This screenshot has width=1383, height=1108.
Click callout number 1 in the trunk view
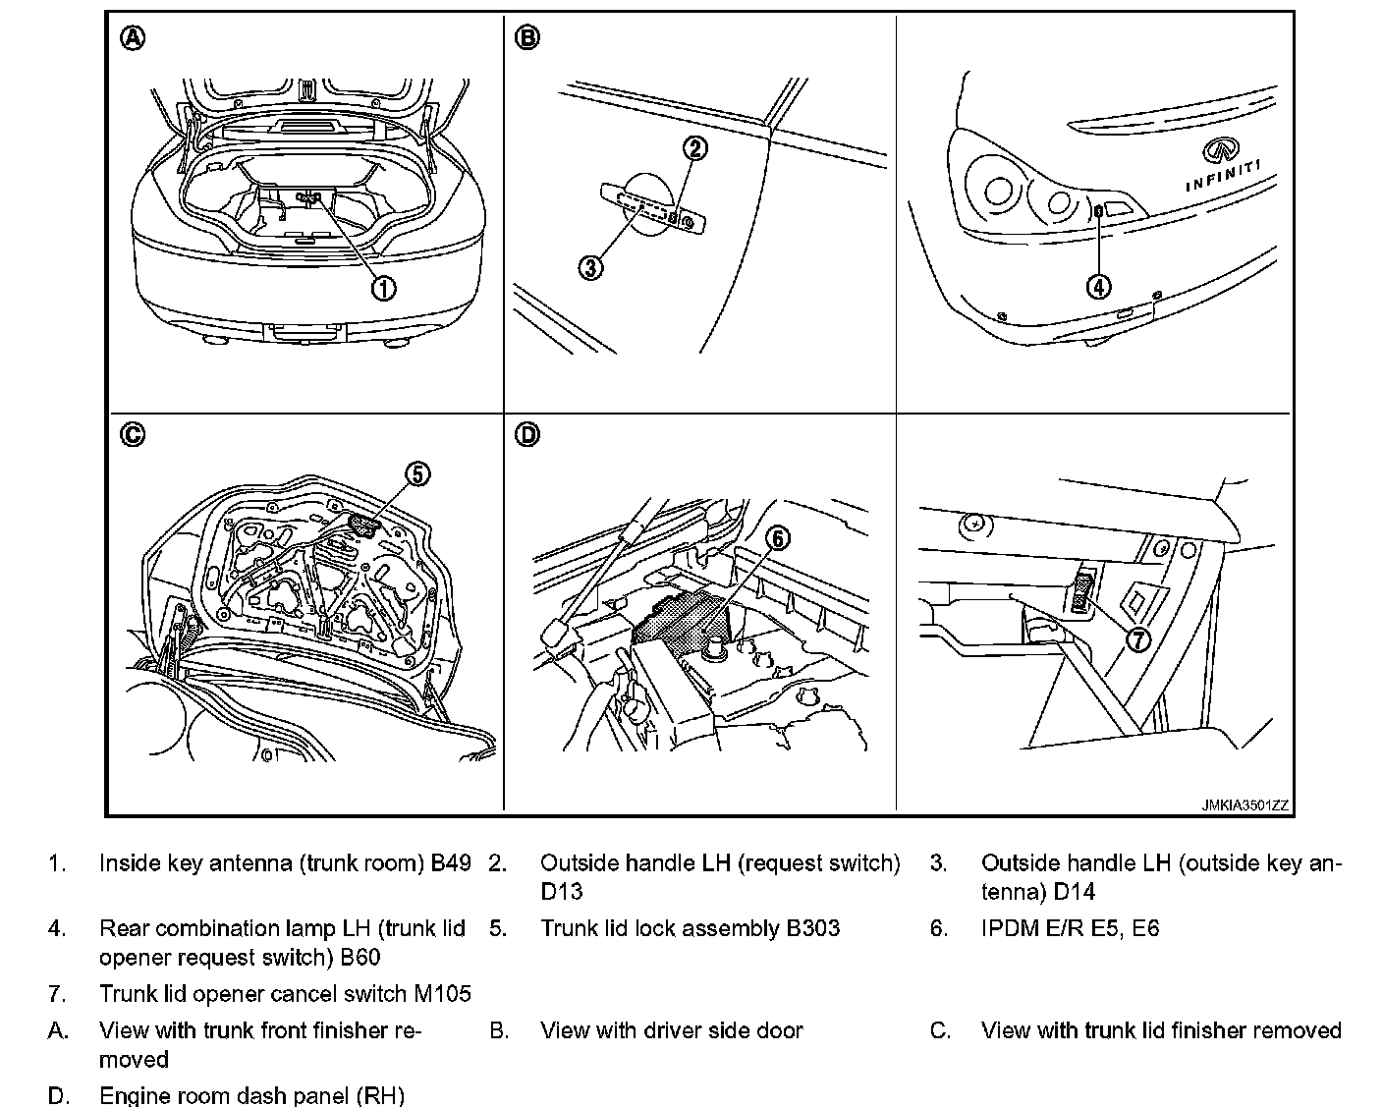pyautogui.click(x=382, y=287)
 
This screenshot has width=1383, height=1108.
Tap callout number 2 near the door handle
pyautogui.click(x=694, y=148)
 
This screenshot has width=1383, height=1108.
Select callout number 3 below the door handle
pyautogui.click(x=590, y=267)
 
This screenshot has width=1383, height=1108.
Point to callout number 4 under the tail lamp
pyautogui.click(x=1098, y=286)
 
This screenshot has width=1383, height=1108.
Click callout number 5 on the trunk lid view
pyautogui.click(x=416, y=473)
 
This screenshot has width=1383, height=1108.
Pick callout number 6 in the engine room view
pyautogui.click(x=777, y=538)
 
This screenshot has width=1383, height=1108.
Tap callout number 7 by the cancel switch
pyautogui.click(x=1137, y=639)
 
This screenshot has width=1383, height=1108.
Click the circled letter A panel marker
pyautogui.click(x=133, y=38)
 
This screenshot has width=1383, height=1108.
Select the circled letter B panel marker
pyautogui.click(x=527, y=38)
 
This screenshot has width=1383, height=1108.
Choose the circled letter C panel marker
pyautogui.click(x=133, y=434)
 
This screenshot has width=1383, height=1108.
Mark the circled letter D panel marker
pyautogui.click(x=527, y=434)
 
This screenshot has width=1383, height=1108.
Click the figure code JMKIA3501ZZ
pyautogui.click(x=1245, y=805)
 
